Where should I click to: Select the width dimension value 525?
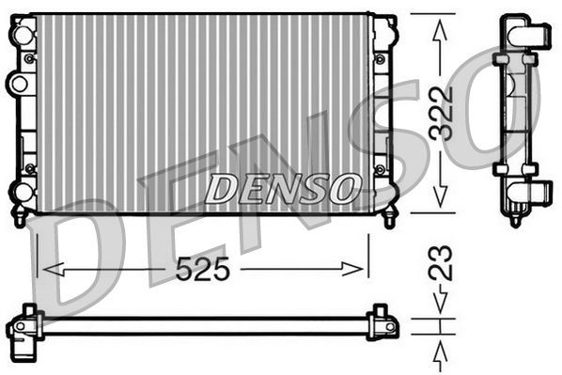(204, 270)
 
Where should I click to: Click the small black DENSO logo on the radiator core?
(281, 188)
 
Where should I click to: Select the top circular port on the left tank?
(19, 34)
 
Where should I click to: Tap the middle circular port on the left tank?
(18, 84)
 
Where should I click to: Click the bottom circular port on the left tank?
(19, 192)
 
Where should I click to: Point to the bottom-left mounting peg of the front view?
(18, 218)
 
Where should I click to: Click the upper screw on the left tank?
(30, 58)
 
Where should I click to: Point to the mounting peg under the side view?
(515, 219)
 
